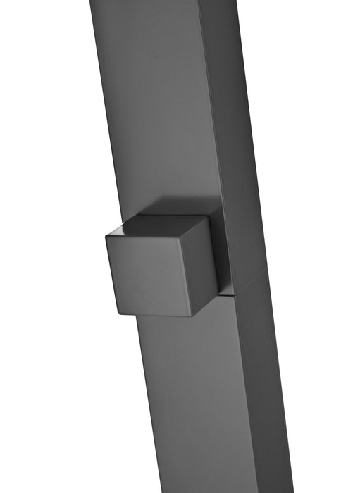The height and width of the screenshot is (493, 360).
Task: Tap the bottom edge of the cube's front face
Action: click(151, 312)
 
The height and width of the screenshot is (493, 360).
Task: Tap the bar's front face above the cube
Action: click(151, 106)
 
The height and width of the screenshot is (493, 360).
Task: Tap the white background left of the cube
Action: click(49, 275)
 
